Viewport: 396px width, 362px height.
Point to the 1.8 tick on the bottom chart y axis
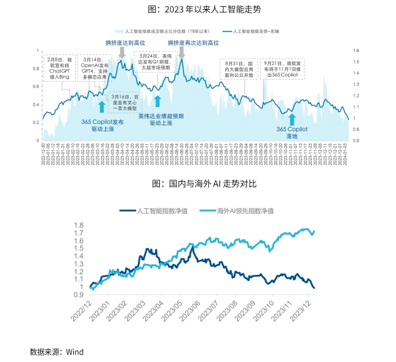[x=78, y=225]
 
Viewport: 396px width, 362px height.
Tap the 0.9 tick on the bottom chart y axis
[x=78, y=295]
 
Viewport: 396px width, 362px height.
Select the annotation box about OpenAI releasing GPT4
[x=96, y=69]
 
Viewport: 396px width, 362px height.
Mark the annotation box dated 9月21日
[x=281, y=70]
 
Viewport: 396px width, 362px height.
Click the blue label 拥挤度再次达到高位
[x=193, y=43]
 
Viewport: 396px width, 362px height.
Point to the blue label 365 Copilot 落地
[x=292, y=132]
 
